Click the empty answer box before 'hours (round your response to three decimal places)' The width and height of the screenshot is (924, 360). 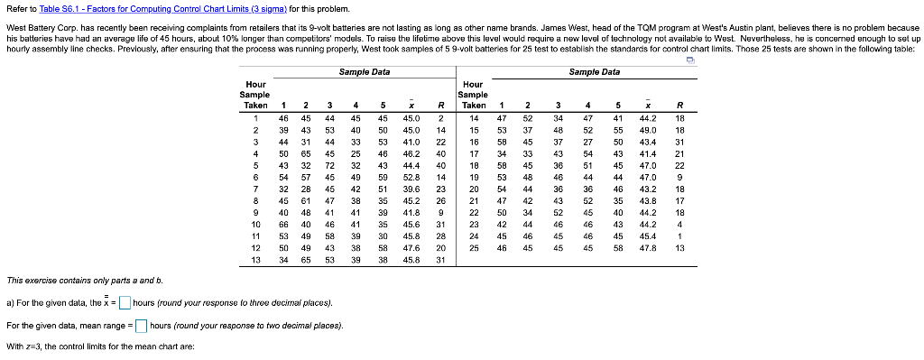[x=125, y=302]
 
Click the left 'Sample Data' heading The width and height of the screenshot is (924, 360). [x=365, y=71]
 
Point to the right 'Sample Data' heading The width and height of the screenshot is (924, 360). [x=596, y=71]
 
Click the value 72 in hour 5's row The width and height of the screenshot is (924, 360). [x=329, y=166]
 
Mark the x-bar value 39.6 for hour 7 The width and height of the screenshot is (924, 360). [x=411, y=188]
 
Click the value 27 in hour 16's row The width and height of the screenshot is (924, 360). [x=588, y=142]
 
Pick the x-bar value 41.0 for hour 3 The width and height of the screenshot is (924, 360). [x=411, y=142]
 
